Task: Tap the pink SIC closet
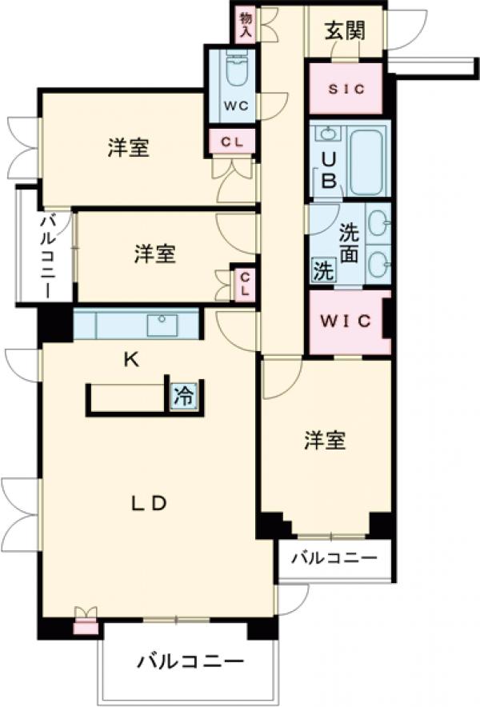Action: pos(347,89)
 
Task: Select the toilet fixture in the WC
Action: pos(235,71)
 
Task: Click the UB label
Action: pos(328,169)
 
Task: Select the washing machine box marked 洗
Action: pos(322,270)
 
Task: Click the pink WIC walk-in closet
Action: pos(347,322)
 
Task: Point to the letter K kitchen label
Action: pos(131,360)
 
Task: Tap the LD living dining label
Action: pos(148,503)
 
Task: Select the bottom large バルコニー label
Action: pos(190,662)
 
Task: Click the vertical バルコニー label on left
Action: pos(46,256)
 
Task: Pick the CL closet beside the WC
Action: pos(232,142)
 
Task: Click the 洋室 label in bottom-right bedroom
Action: pos(325,440)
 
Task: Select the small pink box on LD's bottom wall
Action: pos(83,625)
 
